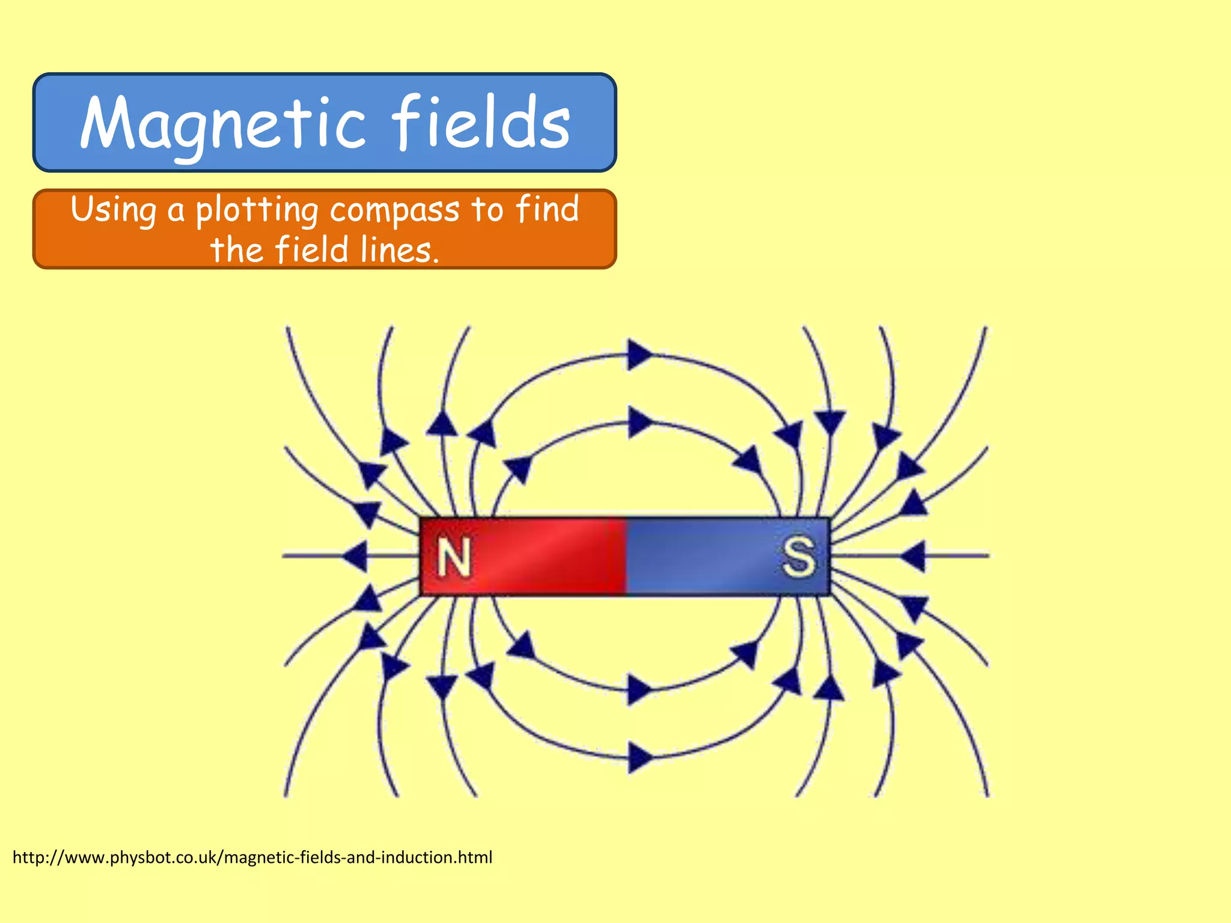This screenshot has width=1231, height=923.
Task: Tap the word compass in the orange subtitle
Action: tap(394, 210)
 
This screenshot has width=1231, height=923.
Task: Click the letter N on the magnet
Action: tap(454, 558)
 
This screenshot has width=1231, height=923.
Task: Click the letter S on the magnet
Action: tap(799, 557)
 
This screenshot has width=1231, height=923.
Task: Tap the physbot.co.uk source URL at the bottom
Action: tap(252, 857)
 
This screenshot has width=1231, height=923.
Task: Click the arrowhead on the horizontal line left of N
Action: tap(355, 556)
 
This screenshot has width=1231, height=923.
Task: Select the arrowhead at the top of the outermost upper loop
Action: tap(640, 355)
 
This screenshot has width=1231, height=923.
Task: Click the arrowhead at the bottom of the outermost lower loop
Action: tap(640, 757)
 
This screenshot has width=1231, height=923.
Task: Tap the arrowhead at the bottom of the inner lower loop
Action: tap(640, 689)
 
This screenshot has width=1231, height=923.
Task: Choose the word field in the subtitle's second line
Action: tap(311, 250)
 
